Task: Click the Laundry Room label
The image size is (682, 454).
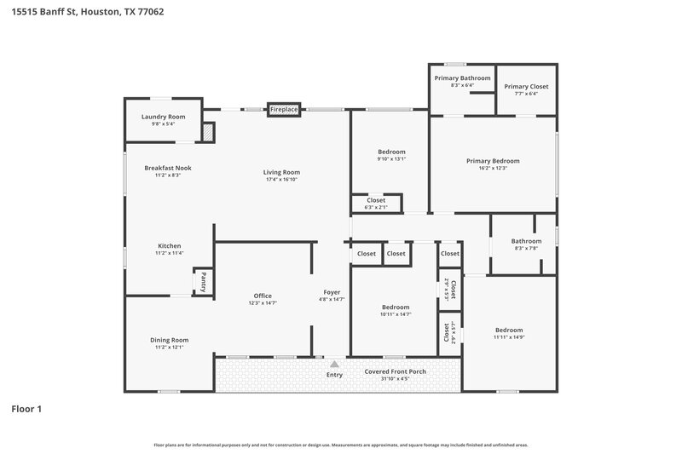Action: tap(163, 117)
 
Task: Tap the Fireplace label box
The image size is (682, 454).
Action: tap(284, 110)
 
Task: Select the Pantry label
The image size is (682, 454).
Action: tap(203, 280)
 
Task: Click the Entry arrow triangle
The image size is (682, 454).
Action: tap(334, 364)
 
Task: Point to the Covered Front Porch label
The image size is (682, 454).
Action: tap(395, 372)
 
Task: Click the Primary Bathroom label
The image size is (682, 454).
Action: tap(462, 78)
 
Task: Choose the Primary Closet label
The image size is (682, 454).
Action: tap(526, 86)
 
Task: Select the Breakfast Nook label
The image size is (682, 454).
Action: tap(167, 168)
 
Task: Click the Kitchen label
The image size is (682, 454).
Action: tap(168, 246)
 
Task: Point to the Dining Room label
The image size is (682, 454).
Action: tap(168, 340)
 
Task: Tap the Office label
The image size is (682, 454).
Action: tap(263, 296)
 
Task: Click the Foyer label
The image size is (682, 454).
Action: tap(332, 292)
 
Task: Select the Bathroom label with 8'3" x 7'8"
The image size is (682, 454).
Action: tap(526, 241)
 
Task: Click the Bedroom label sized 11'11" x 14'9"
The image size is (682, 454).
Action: tap(509, 330)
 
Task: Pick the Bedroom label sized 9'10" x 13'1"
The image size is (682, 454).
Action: tap(391, 152)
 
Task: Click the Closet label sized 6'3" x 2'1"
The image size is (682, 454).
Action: tap(376, 200)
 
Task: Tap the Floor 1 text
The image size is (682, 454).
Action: tap(26, 409)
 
